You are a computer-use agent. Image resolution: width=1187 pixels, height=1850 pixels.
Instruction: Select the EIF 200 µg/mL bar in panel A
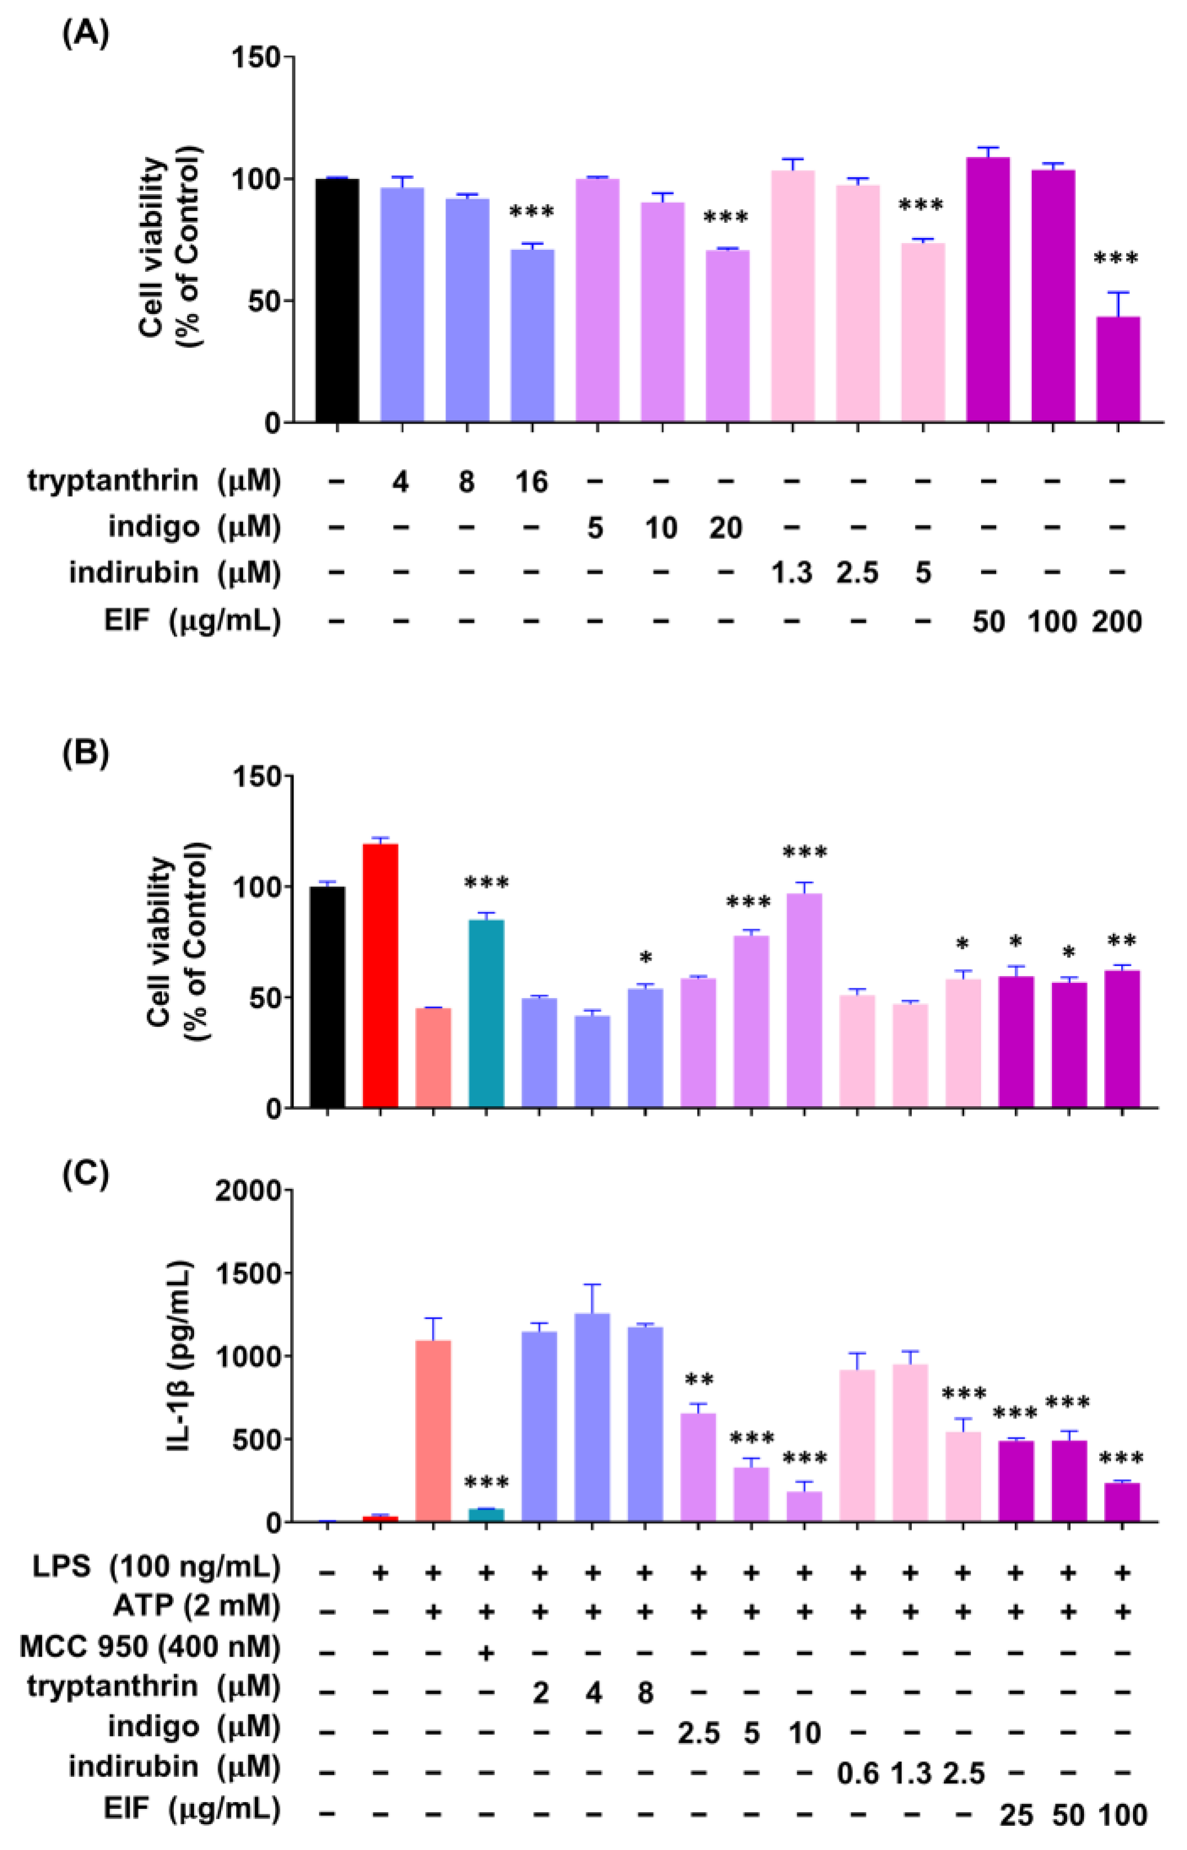(1117, 370)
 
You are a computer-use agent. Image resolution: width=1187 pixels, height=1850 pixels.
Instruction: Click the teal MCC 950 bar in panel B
(487, 1014)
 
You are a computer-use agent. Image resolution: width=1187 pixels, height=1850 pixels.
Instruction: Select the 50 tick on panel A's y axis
(260, 300)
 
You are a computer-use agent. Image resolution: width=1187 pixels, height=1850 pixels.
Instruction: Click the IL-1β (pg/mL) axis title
(179, 1357)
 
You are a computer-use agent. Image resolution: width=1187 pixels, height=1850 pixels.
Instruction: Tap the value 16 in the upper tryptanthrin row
(531, 483)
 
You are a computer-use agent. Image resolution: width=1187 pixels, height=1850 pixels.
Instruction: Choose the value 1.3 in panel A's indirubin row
(792, 573)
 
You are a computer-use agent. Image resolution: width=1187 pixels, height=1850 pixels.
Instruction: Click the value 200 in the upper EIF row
(1117, 621)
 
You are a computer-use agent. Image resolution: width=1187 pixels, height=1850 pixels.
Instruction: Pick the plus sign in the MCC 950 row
(487, 1651)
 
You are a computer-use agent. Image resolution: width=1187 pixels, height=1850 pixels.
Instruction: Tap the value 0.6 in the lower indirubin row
(858, 1775)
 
